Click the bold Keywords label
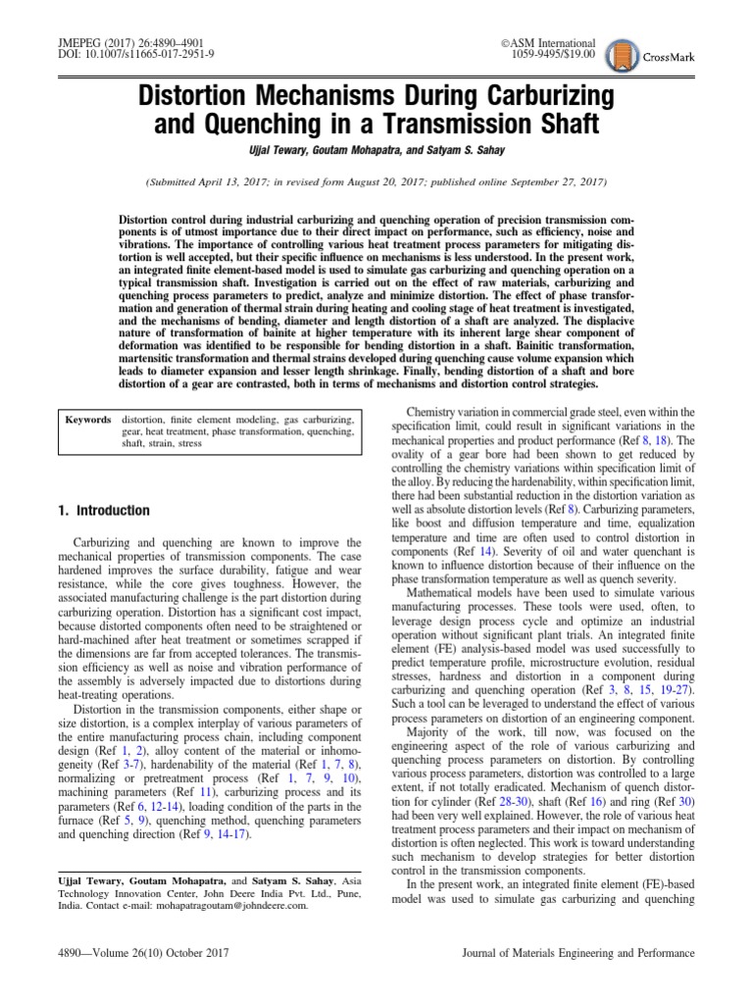(x=87, y=420)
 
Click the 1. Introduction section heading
(x=102, y=511)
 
